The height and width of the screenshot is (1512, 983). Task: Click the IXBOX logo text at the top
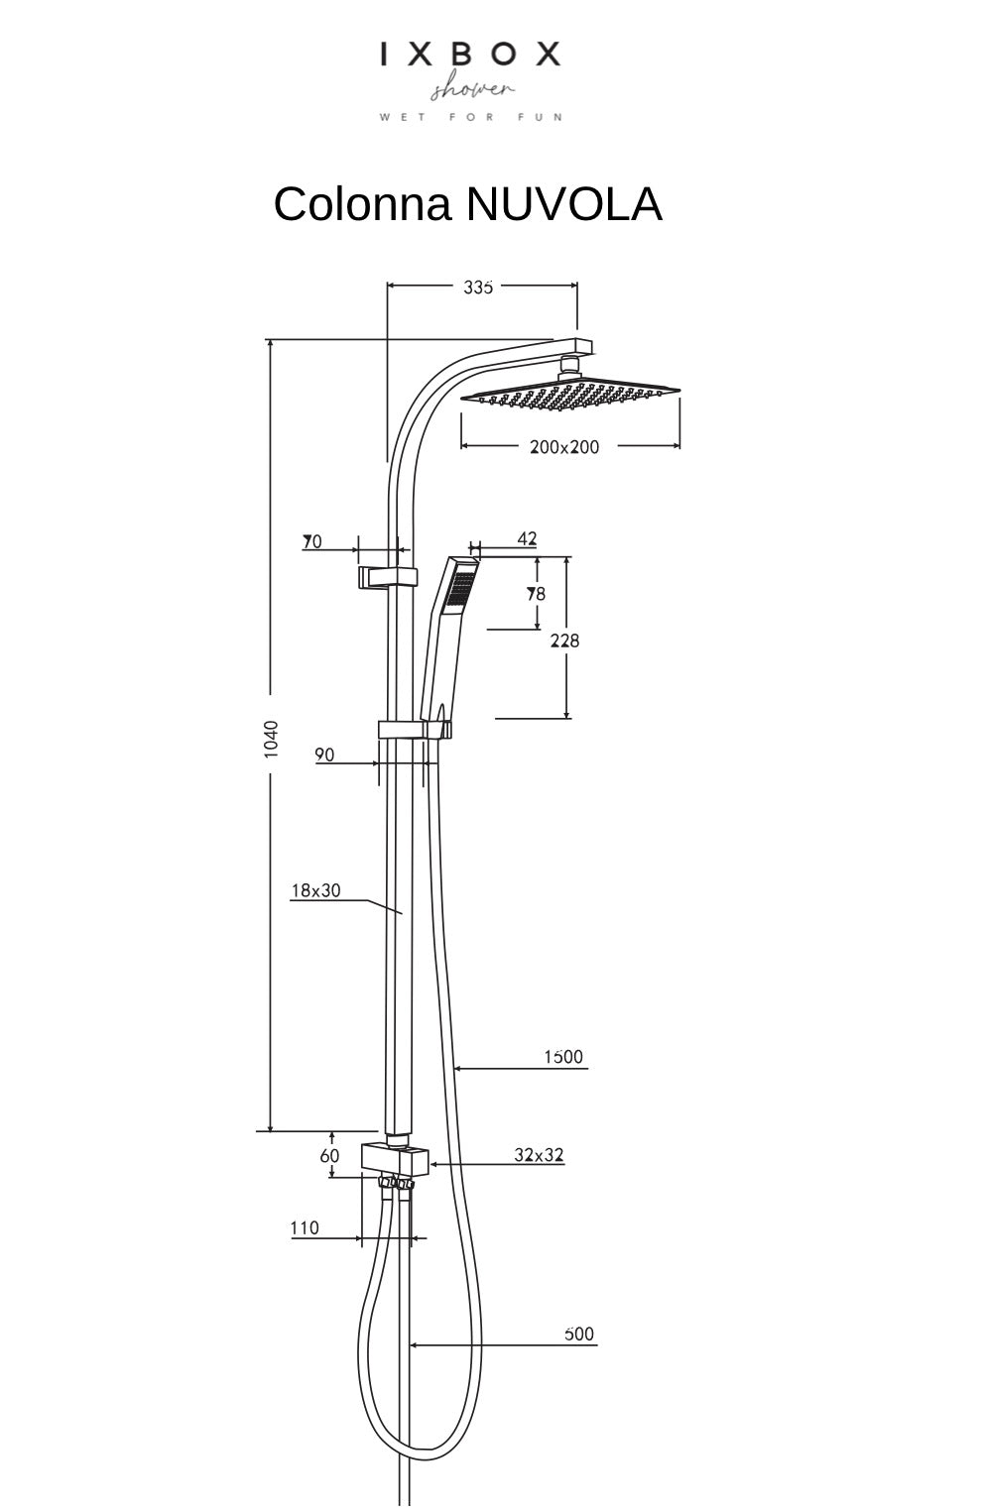pos(470,55)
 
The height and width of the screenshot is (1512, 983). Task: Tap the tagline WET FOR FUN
pos(470,117)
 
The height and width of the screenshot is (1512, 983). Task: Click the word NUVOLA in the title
pos(562,205)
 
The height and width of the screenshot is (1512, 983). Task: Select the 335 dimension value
pos(478,287)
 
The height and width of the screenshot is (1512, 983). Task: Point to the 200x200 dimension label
pos(564,447)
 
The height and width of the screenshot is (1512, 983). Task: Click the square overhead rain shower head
pos(570,394)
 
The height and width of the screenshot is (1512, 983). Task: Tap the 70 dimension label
pos(312,542)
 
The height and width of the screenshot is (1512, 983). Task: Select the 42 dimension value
pos(527,539)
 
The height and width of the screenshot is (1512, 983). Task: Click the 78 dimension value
pos(536,595)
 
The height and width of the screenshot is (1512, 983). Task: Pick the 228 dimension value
pos(565,641)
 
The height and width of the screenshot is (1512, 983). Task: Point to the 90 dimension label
pos(324,756)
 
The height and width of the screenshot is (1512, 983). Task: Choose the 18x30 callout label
pos(315,890)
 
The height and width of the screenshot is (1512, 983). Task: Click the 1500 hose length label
pos(563,1057)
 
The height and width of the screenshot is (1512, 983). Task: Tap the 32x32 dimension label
pos(539,1155)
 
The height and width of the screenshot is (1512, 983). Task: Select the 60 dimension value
pos(329,1156)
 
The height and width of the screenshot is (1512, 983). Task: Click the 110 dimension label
pos(305,1228)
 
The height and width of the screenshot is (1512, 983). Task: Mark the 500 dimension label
pos(579,1335)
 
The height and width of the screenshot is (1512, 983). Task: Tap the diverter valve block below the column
pos(394,1157)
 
